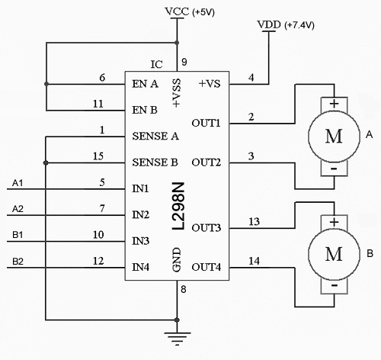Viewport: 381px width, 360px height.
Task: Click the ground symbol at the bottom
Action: click(x=177, y=338)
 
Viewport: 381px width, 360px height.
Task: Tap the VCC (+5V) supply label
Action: click(x=190, y=12)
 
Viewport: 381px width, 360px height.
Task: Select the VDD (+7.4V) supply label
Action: click(x=286, y=25)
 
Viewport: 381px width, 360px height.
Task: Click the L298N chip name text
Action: click(x=178, y=206)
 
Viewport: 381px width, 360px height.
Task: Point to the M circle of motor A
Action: click(x=334, y=137)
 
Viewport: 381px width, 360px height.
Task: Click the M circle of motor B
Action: click(x=334, y=254)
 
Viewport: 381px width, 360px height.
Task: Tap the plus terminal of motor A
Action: click(x=334, y=104)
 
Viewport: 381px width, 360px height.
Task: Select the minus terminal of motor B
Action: click(x=335, y=285)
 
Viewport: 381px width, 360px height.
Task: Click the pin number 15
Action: click(x=98, y=156)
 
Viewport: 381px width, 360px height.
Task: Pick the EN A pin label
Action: click(x=145, y=84)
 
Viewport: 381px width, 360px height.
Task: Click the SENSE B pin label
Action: click(x=155, y=162)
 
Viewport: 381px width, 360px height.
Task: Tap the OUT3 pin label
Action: click(x=206, y=227)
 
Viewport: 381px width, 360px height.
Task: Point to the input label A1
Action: click(x=18, y=183)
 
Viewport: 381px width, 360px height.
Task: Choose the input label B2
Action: click(x=18, y=262)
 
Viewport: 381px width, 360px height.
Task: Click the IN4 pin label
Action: click(x=140, y=267)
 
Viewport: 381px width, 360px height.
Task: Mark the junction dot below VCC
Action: click(x=177, y=43)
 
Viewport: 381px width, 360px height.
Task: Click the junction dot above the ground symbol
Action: click(x=177, y=320)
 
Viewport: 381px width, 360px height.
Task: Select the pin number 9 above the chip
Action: click(x=184, y=62)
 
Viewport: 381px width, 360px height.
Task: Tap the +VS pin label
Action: click(x=210, y=84)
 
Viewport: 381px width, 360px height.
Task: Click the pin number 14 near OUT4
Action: click(x=254, y=261)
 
